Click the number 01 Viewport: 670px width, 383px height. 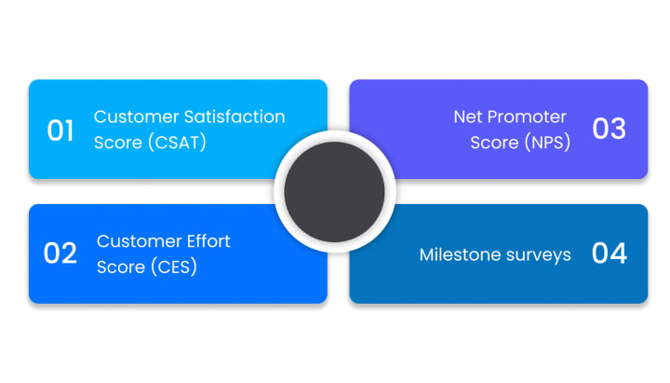tap(60, 130)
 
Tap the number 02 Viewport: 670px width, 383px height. tap(60, 253)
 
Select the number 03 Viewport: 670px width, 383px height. tap(610, 130)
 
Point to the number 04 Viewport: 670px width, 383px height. tap(610, 253)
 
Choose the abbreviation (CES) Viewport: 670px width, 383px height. tap(170, 267)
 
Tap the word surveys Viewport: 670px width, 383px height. tap(538, 254)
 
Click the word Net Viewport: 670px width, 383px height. tap(468, 117)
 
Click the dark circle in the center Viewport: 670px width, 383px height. tap(335, 192)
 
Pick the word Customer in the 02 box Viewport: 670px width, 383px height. tap(137, 241)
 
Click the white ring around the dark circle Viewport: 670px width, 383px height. tap(335, 136)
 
